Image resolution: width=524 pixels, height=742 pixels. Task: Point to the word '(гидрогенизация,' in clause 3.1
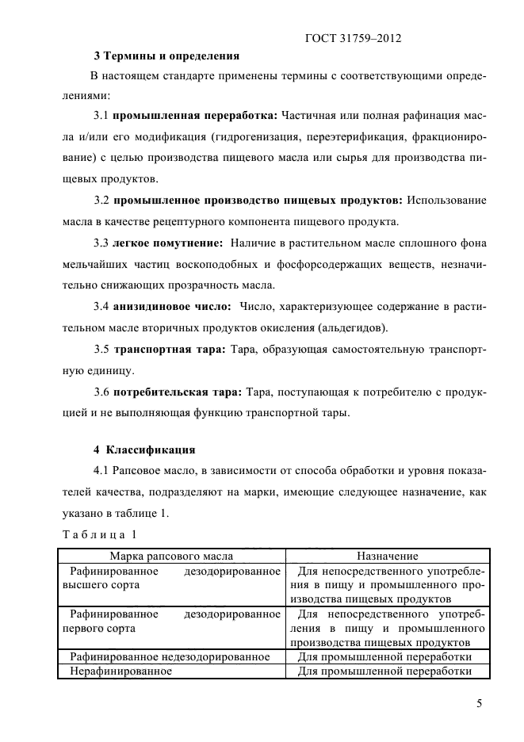(x=257, y=136)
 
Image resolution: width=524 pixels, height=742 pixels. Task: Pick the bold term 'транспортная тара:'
(x=170, y=348)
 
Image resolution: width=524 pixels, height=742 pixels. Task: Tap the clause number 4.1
(x=101, y=472)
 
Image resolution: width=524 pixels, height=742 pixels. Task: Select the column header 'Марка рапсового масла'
(x=171, y=556)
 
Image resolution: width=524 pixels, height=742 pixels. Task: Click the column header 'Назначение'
(x=387, y=556)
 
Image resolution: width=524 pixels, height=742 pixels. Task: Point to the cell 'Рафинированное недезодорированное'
(x=170, y=657)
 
